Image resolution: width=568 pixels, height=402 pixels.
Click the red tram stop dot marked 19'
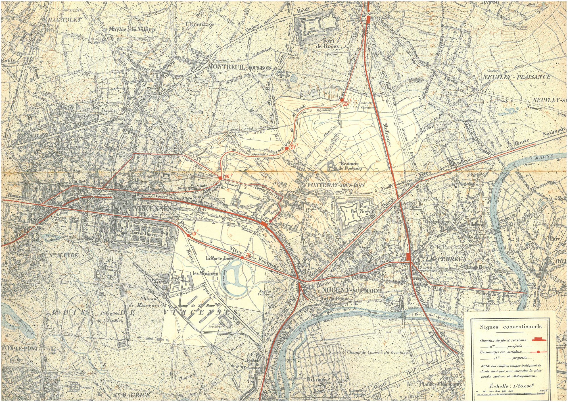click(188, 235)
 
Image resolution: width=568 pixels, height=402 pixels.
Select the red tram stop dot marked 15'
click(220, 178)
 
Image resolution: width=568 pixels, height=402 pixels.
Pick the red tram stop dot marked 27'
click(287, 148)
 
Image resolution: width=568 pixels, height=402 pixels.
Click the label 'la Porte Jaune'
click(220, 258)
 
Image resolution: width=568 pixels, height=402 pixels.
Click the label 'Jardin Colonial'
click(265, 293)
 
